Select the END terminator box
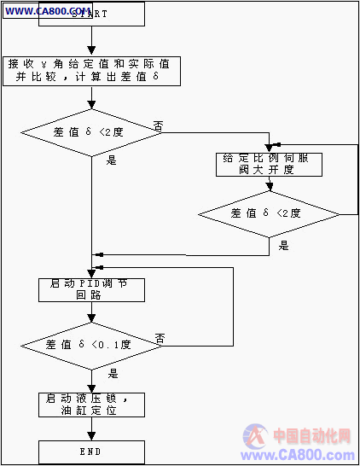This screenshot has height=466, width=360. [x=92, y=451]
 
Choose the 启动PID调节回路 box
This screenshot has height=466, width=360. [x=92, y=290]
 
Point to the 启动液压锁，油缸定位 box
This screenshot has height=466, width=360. [x=92, y=404]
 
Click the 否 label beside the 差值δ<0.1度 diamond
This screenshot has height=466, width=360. [x=159, y=339]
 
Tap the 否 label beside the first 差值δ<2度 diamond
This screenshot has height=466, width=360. [x=158, y=125]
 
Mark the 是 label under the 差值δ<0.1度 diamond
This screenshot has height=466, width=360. [x=113, y=373]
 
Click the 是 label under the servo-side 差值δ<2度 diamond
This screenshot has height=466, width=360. [x=284, y=246]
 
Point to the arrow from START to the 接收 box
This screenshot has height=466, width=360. [x=91, y=42]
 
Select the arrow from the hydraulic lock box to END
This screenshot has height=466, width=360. [x=91, y=428]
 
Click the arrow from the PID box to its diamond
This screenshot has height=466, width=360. [x=91, y=313]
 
